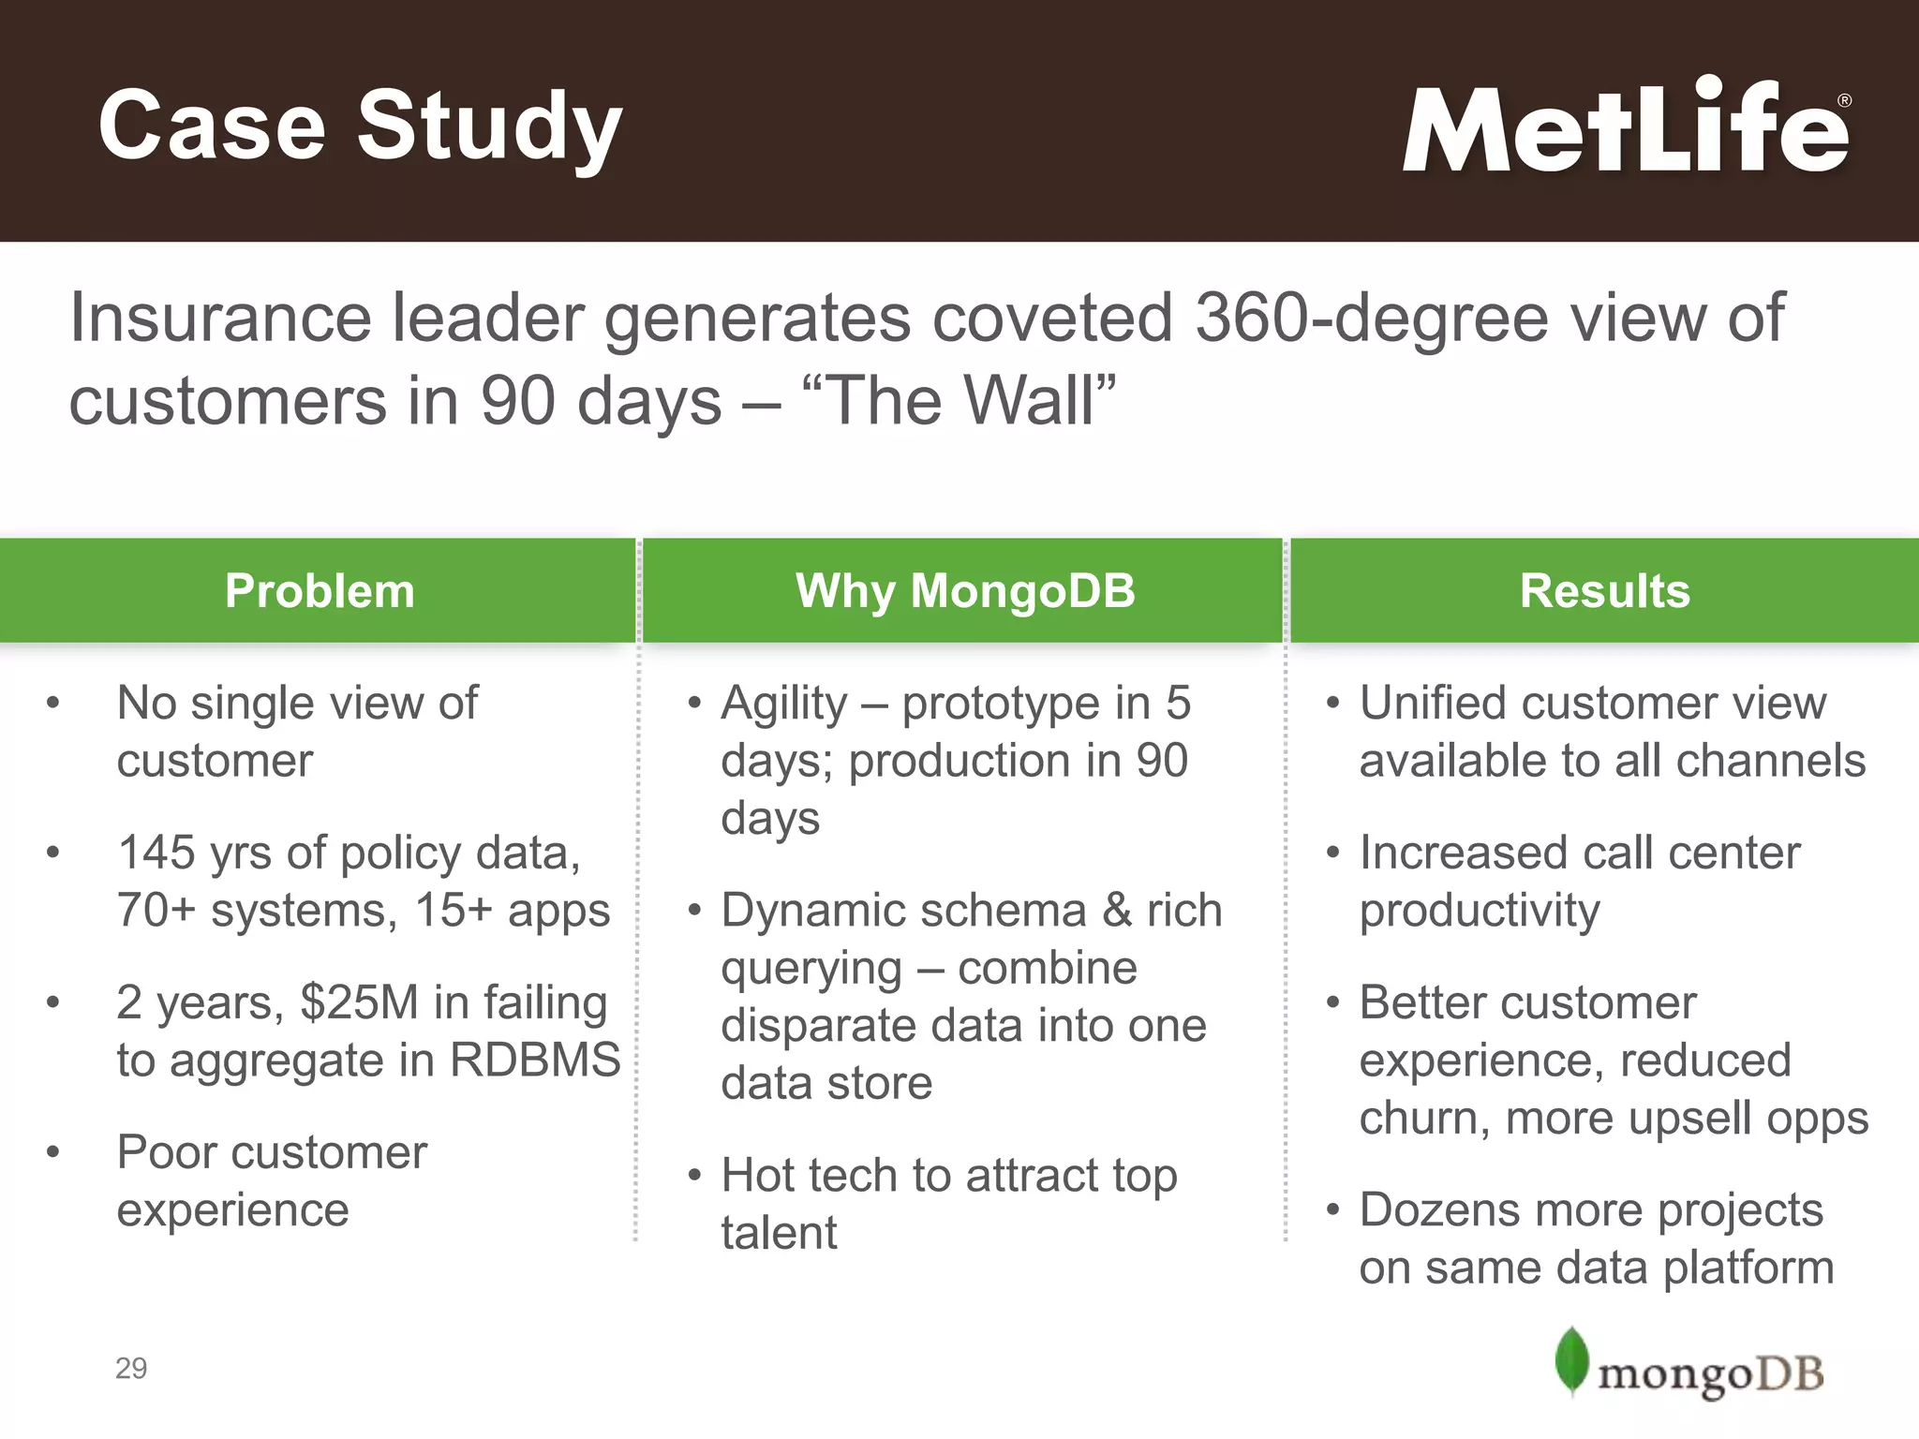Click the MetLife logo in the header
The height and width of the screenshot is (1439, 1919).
tap(1626, 126)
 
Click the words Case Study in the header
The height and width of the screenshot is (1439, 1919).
tap(360, 126)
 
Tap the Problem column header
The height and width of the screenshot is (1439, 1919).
tap(319, 591)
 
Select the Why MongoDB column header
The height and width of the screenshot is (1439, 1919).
tap(965, 591)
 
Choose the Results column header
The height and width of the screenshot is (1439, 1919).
tap(1604, 591)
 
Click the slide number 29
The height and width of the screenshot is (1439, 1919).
tap(131, 1369)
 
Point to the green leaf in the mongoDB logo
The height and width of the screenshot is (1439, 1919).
tap(1571, 1360)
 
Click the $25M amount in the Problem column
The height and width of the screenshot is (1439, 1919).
tap(358, 1002)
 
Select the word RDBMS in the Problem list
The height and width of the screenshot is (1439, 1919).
tap(535, 1061)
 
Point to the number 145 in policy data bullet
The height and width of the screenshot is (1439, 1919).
tap(156, 853)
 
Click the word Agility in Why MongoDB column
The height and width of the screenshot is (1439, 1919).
tap(783, 705)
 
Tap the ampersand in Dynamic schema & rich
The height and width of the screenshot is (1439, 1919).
tap(1117, 911)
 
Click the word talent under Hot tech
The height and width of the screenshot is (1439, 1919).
tap(779, 1234)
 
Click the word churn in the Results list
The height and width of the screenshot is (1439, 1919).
tap(1418, 1119)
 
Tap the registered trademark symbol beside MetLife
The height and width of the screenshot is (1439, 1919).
tap(1844, 101)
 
